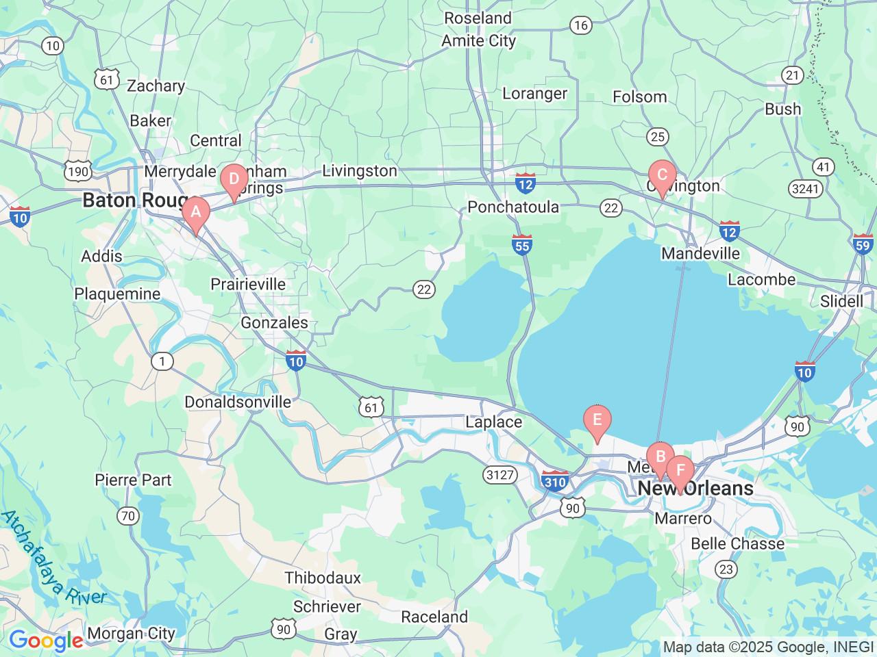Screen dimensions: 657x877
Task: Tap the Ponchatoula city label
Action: point(512,207)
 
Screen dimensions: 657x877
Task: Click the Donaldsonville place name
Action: point(238,402)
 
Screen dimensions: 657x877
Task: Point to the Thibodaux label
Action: point(323,578)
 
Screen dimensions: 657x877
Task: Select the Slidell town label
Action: point(841,302)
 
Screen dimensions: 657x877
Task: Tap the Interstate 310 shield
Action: point(554,480)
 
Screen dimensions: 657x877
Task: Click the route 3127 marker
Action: point(499,474)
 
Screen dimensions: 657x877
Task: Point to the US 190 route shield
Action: point(78,171)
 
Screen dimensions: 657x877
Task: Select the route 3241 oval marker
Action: point(805,188)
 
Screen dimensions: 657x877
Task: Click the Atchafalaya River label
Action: point(53,558)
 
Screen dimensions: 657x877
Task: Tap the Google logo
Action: point(45,641)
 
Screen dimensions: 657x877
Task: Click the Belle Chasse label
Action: point(737,544)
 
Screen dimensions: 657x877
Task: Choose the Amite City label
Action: point(478,41)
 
